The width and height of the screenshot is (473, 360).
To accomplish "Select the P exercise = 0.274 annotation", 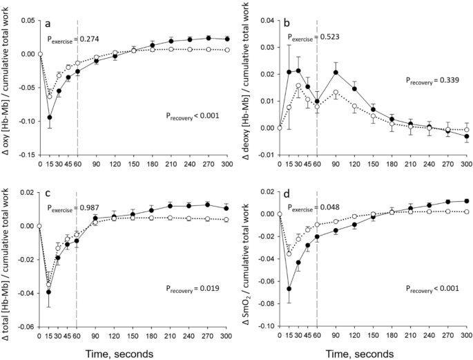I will [x=72, y=39].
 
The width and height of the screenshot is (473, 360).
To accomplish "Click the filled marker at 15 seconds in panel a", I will [x=49, y=117].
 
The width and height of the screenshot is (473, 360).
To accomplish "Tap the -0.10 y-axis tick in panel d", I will [x=262, y=325].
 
